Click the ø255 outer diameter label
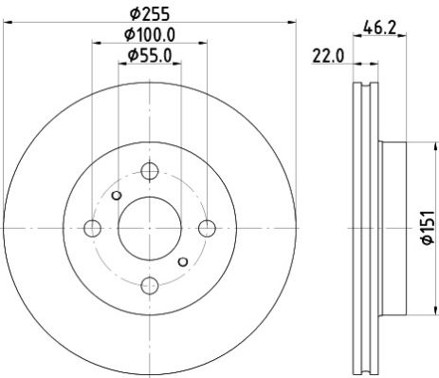point(149,12)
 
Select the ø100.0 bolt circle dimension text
point(150,35)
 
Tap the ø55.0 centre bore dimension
point(150,57)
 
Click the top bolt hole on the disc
point(149,171)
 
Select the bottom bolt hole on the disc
point(149,284)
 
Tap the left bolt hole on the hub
point(92,228)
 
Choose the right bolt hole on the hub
point(206,228)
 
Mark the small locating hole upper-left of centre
point(116,196)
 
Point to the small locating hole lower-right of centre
point(182,260)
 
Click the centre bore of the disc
point(149,228)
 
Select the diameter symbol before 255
point(135,12)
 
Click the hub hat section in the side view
point(391,228)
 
